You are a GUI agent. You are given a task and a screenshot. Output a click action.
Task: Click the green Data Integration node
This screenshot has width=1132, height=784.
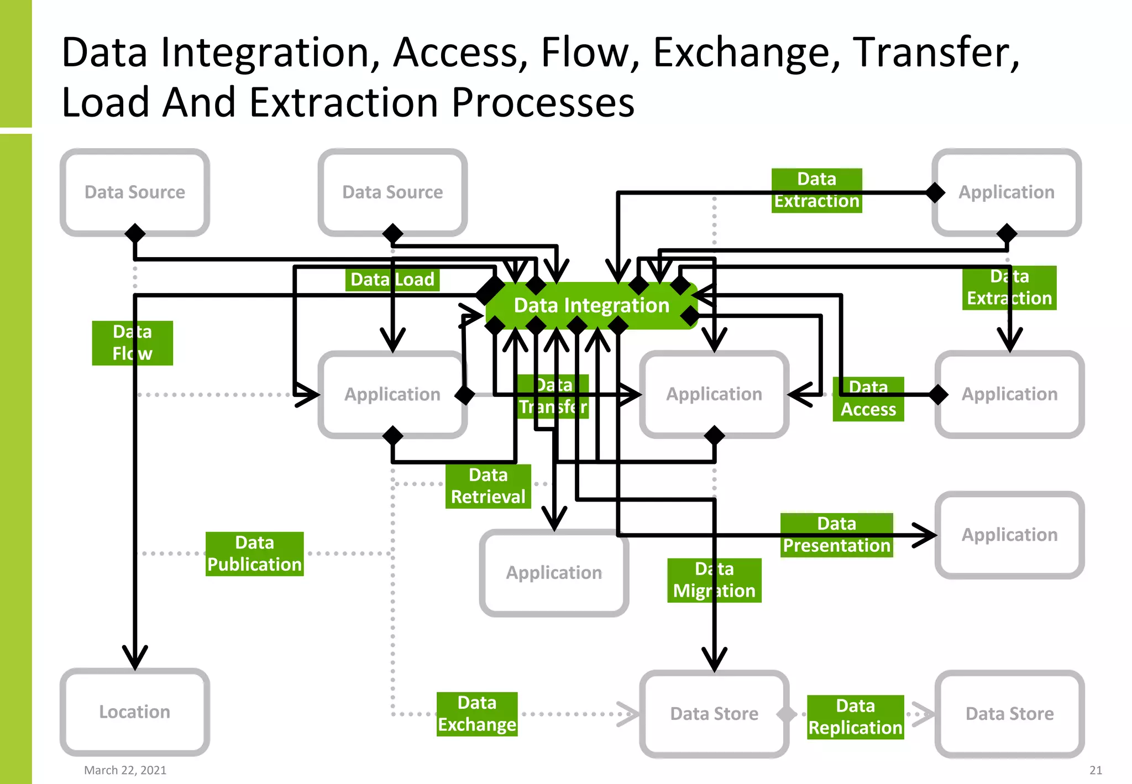(x=591, y=305)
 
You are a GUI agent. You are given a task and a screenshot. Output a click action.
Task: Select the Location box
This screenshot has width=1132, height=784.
(x=134, y=712)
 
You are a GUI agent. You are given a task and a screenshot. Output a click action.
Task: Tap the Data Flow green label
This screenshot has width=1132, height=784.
(x=132, y=343)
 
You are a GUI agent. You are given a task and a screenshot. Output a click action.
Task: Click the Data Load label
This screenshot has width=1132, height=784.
(x=392, y=279)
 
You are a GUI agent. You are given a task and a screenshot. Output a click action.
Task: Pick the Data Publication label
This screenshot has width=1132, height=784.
(x=254, y=553)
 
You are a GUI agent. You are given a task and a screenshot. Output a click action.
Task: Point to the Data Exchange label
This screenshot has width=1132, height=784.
(x=477, y=714)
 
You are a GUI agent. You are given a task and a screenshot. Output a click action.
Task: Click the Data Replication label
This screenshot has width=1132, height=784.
(x=855, y=717)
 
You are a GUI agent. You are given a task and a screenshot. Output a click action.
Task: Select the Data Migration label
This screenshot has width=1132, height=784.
(x=714, y=580)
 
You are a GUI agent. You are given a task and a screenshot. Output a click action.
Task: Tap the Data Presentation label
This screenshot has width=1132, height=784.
(x=836, y=535)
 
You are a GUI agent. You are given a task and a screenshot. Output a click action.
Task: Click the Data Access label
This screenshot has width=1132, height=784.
(x=868, y=399)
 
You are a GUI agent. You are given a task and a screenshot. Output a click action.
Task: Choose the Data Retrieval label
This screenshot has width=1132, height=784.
(x=488, y=486)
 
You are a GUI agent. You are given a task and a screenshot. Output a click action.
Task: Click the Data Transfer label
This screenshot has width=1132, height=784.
(x=553, y=396)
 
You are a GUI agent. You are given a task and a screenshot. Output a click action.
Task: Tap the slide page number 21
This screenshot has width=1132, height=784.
(x=1096, y=770)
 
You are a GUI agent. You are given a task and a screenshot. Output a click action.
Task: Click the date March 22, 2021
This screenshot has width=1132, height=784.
(x=125, y=770)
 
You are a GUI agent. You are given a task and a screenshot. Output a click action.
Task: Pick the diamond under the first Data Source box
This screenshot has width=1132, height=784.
(x=135, y=233)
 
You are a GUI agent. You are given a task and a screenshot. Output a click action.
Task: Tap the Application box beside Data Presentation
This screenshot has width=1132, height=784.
(x=1009, y=535)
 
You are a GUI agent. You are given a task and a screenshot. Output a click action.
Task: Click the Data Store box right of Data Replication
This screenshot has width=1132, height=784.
(x=1009, y=714)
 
